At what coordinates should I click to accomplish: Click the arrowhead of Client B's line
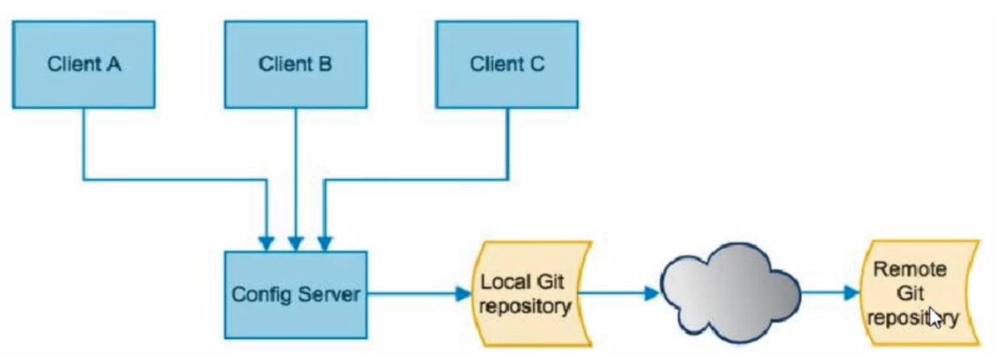pos(295,243)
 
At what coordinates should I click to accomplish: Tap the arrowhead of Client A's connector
pos(267,243)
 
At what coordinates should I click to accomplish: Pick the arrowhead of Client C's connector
pos(324,243)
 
